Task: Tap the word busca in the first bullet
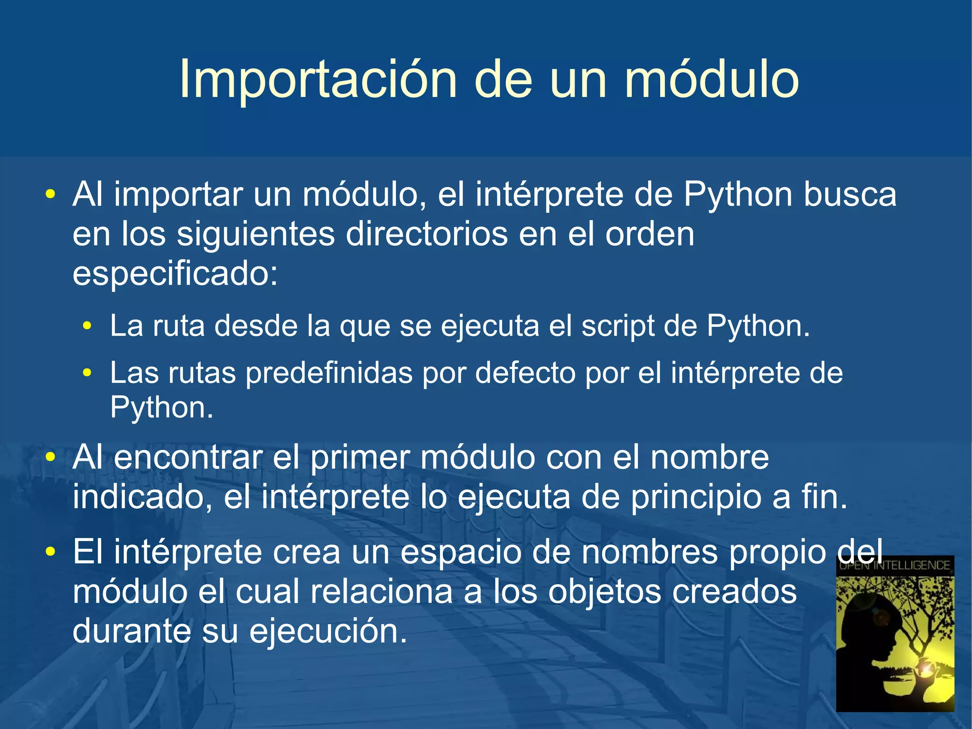click(x=850, y=195)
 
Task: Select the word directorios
click(x=427, y=235)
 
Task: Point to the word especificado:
click(x=175, y=275)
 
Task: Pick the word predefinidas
click(x=328, y=373)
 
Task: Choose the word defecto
click(x=524, y=373)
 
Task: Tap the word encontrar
click(x=188, y=458)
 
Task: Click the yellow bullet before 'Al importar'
click(x=50, y=195)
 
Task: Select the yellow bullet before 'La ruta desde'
click(x=86, y=327)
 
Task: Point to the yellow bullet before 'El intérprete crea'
click(x=50, y=552)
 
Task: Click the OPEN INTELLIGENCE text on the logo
click(x=895, y=566)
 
